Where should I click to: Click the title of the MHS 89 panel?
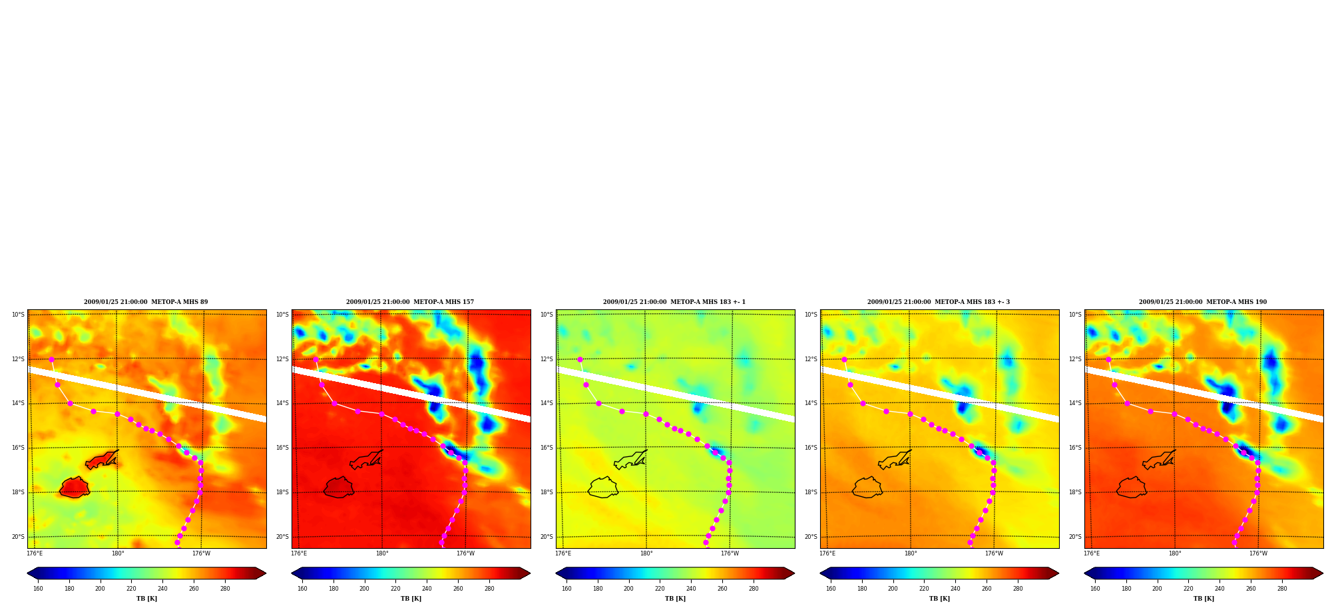tap(146, 302)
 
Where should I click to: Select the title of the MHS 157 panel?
tap(410, 302)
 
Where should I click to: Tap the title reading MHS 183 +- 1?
tap(674, 302)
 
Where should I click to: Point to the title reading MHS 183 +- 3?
tap(939, 302)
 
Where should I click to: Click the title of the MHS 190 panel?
tap(1203, 302)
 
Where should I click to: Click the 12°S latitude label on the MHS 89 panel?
tap(18, 359)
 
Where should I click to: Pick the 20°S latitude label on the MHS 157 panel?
tap(282, 537)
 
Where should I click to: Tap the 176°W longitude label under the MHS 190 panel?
tap(1258, 553)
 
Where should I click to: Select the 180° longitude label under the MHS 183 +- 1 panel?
tap(646, 553)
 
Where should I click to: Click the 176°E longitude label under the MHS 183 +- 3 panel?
tap(827, 553)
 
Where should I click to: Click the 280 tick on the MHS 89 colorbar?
tap(225, 589)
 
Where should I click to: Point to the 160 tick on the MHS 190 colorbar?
tap(1095, 589)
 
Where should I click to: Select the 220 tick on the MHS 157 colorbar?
tap(395, 589)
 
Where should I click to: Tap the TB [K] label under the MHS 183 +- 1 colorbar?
tap(675, 599)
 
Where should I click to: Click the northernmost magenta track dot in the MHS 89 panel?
tap(51, 359)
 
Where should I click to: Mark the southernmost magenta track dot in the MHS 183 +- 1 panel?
tap(706, 542)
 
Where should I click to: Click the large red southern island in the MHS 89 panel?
tap(74, 488)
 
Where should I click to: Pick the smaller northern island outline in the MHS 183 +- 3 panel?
tap(895, 460)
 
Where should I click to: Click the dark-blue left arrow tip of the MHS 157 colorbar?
tap(293, 573)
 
